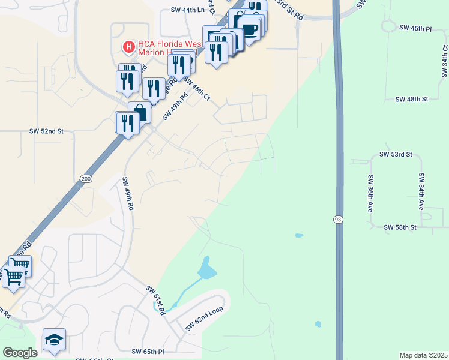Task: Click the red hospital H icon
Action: tap(128, 46)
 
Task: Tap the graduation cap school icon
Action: tap(54, 340)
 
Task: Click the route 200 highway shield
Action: tap(85, 179)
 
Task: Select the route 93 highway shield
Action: tap(338, 220)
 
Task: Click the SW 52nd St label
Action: tap(46, 130)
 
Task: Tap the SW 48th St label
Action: tap(412, 98)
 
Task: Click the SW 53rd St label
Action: tap(396, 154)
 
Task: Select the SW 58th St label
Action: tap(400, 227)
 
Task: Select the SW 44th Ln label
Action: tap(188, 10)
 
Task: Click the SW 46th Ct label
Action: tap(197, 89)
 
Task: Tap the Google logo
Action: tap(20, 353)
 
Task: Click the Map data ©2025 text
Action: tap(423, 355)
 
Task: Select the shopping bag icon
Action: tap(140, 112)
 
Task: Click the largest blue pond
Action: tap(206, 269)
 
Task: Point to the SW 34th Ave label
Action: tap(422, 191)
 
